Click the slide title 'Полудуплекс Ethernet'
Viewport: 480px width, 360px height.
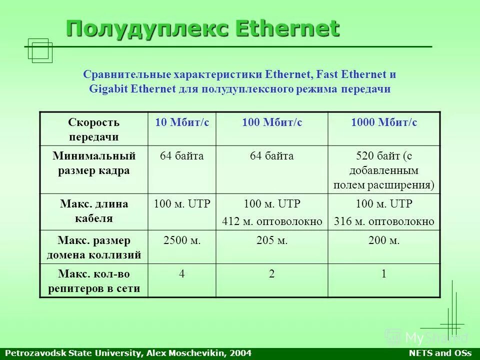[x=202, y=28]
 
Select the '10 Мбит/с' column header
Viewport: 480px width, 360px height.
[x=182, y=122]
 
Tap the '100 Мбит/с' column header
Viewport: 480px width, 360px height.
[x=272, y=122]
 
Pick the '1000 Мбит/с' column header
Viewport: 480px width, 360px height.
[x=384, y=122]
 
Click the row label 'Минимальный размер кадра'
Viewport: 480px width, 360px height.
[x=94, y=163]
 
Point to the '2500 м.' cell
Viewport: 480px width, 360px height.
[x=182, y=240]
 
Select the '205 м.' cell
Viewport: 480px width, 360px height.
[x=272, y=240]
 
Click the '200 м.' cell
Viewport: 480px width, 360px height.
[x=384, y=240]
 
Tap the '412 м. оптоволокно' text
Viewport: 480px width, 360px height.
[x=272, y=221]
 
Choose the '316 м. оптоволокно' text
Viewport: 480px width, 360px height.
[x=384, y=221]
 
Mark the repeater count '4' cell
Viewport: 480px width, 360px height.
[x=182, y=274]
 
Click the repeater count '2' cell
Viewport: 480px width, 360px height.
[x=272, y=274]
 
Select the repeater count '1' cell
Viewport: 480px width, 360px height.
[x=384, y=274]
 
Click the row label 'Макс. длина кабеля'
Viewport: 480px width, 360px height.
[x=94, y=211]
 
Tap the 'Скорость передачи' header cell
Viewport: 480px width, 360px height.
[x=94, y=129]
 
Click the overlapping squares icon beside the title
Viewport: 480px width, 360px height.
[x=40, y=50]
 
